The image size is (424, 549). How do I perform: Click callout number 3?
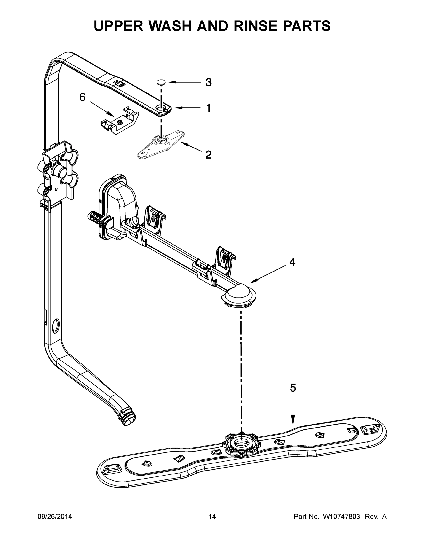click(208, 82)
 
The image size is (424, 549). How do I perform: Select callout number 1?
click(208, 108)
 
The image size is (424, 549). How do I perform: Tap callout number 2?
click(208, 155)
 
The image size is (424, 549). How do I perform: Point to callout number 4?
click(292, 262)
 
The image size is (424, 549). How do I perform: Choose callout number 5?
click(293, 388)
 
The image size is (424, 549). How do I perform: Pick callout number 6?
click(82, 97)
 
